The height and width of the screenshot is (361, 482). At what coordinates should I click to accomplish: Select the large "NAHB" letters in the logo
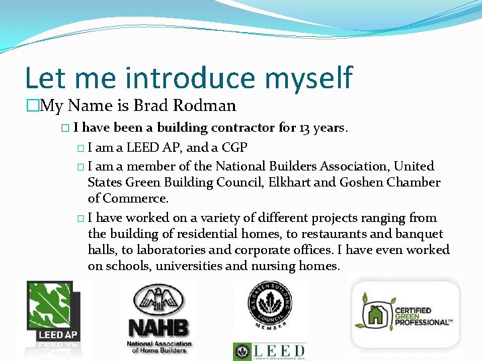(x=159, y=328)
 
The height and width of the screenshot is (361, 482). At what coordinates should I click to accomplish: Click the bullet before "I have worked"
(x=80, y=219)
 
